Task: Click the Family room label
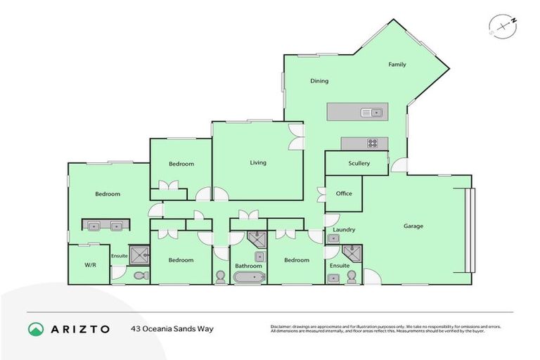pos(397,65)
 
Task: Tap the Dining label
pos(319,81)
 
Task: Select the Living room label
pos(258,162)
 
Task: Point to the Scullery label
pos(359,163)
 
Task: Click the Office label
pos(344,193)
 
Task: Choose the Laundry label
pos(344,229)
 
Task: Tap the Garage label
pos(413,226)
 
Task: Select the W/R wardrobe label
pos(90,265)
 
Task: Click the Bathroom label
pos(248,266)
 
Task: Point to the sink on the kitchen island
pos(371,112)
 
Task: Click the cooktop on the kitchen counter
pos(372,143)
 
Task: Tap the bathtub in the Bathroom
pos(249,278)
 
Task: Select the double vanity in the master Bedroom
pos(103,226)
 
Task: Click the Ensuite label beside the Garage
pos(339,266)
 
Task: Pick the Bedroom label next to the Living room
pos(181,164)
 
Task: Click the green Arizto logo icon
pos(35,329)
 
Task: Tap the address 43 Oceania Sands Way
pos(172,329)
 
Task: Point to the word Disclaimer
pos(284,327)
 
